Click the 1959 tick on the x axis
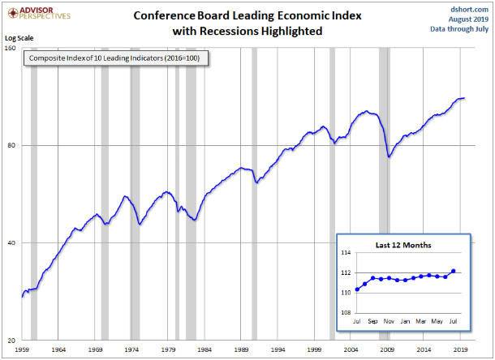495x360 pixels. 22,349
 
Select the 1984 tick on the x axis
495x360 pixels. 204,349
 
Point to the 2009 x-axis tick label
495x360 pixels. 387,349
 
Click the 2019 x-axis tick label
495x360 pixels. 460,349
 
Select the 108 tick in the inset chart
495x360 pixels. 346,312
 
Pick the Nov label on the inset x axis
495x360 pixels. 390,321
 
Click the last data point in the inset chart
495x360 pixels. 453,271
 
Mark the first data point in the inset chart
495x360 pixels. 357,289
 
